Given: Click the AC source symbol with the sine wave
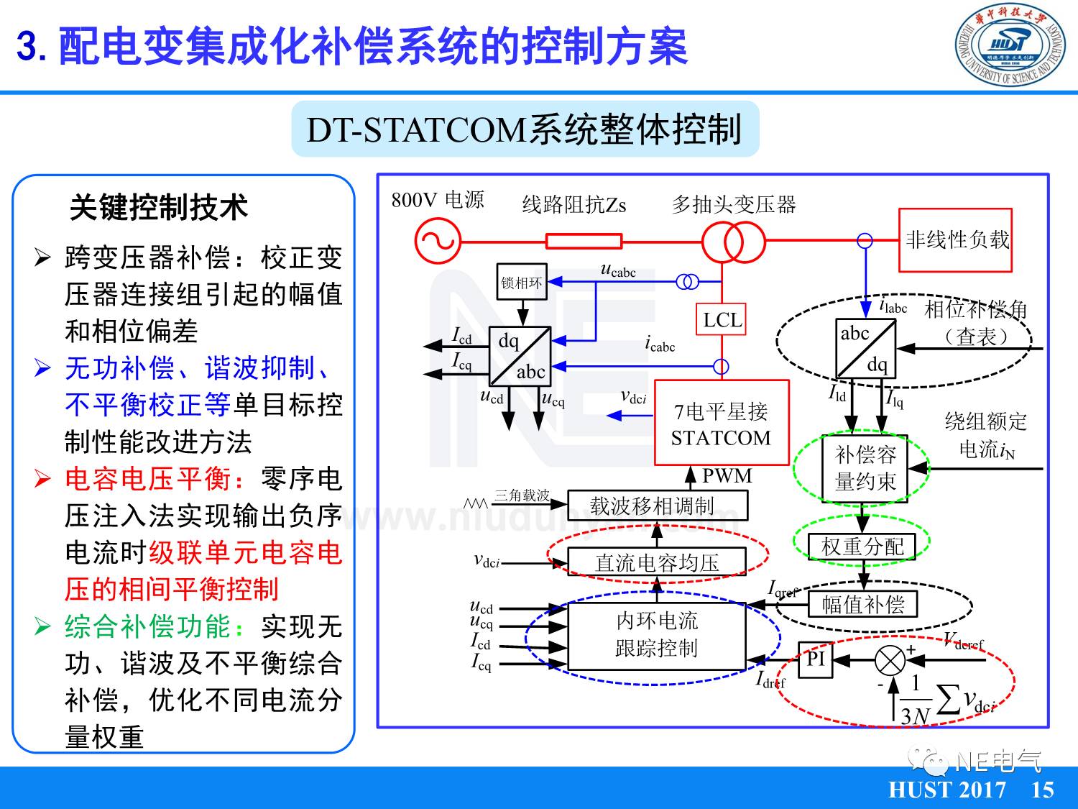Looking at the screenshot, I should (437, 241).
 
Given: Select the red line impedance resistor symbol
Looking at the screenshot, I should (584, 241).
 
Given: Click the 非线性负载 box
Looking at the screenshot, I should (956, 240).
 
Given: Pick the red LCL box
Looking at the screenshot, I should (722, 320).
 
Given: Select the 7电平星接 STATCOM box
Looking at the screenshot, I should (722, 424).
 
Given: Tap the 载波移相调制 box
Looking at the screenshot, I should (658, 506).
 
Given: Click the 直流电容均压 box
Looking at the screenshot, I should (658, 562).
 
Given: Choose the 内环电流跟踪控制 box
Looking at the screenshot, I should (658, 635).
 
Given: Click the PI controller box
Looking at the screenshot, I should (816, 659).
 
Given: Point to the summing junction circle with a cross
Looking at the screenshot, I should (890, 660).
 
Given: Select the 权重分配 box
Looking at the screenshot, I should (862, 547).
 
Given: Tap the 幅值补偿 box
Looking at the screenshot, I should (863, 604).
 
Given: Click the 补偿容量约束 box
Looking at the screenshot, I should (865, 467).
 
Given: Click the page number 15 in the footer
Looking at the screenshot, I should (1042, 790).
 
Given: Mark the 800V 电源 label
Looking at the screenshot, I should (438, 200).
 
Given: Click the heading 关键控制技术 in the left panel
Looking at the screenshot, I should (159, 207).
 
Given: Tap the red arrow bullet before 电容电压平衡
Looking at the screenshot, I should (43, 479).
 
